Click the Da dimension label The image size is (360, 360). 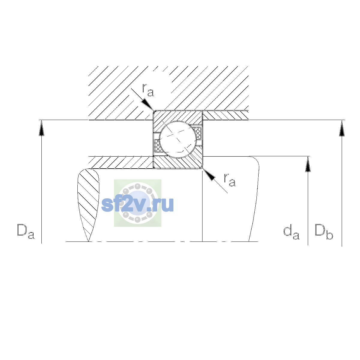click(x=26, y=231)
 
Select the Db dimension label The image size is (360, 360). click(x=324, y=232)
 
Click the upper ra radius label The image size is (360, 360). click(x=148, y=90)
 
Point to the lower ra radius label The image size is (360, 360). click(x=230, y=180)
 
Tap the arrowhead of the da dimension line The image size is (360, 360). click(x=308, y=164)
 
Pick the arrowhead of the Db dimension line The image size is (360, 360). click(x=342, y=128)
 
